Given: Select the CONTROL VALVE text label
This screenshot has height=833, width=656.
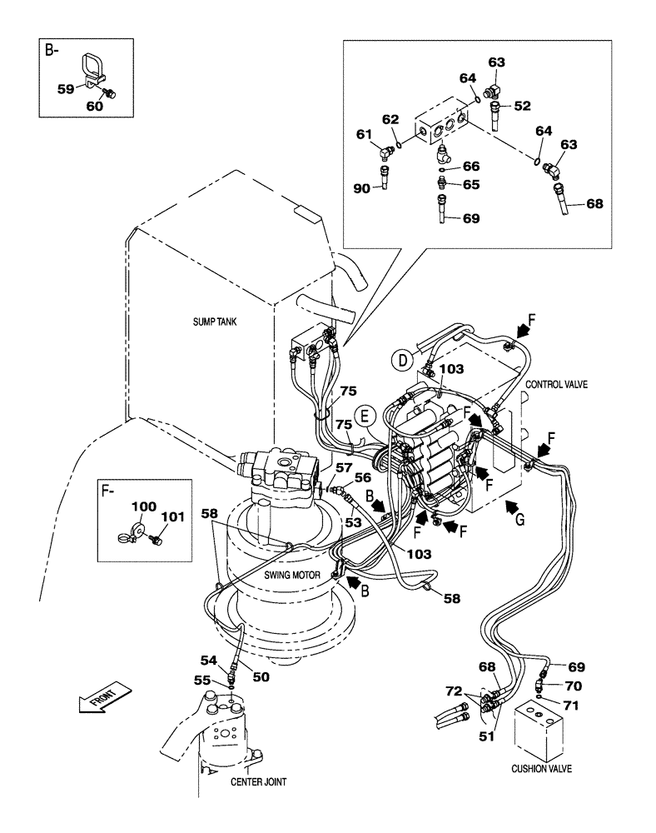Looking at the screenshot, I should pos(557,384).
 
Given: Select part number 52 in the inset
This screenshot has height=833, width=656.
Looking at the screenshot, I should pos(522,106).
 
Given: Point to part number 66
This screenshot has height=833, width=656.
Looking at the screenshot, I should pos(471,166).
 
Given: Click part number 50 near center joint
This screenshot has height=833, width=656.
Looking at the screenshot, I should pos(261,677).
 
